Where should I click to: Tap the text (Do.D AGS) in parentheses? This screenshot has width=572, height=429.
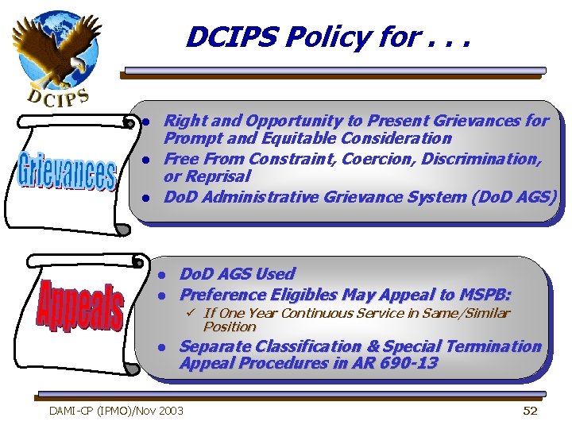coord(516,196)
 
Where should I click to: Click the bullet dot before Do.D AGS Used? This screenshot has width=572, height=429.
coord(160,275)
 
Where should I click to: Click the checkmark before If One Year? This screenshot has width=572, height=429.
coord(191,313)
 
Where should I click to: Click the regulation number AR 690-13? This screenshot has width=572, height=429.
coord(398,364)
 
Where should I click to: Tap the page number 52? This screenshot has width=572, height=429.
coord(530,411)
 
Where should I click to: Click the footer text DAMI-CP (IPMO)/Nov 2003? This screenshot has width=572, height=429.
coord(116,411)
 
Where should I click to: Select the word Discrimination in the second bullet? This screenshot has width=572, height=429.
coord(481,159)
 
